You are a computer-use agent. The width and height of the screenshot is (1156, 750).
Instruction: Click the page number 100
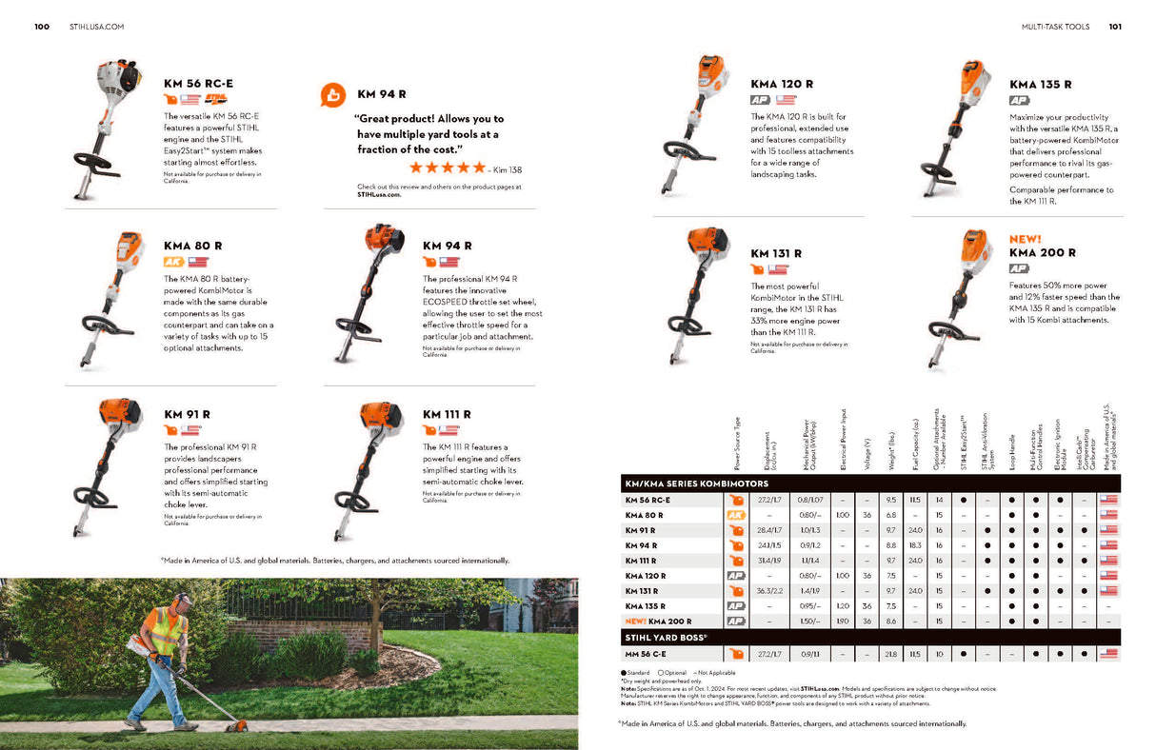42,27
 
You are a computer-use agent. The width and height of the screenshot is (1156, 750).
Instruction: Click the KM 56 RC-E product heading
198,84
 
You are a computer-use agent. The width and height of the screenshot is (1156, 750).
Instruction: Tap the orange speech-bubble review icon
332,94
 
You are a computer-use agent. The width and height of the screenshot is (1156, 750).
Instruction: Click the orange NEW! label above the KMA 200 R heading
1025,239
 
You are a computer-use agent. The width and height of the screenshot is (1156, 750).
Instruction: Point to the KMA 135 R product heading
1040,85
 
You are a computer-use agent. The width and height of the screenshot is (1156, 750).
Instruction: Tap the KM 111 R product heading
447,415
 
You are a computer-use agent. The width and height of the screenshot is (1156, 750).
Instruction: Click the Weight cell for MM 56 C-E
890,654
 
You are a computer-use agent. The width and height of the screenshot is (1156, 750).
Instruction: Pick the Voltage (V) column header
867,448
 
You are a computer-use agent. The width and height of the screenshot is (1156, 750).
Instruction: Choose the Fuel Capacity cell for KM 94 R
914,545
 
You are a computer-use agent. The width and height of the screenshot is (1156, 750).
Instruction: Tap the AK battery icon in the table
735,515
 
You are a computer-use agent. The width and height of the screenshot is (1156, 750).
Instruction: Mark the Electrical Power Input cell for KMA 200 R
842,622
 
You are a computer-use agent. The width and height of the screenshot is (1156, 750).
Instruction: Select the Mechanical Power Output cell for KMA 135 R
808,606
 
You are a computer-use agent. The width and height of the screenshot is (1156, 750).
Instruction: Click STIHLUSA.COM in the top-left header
96,27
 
